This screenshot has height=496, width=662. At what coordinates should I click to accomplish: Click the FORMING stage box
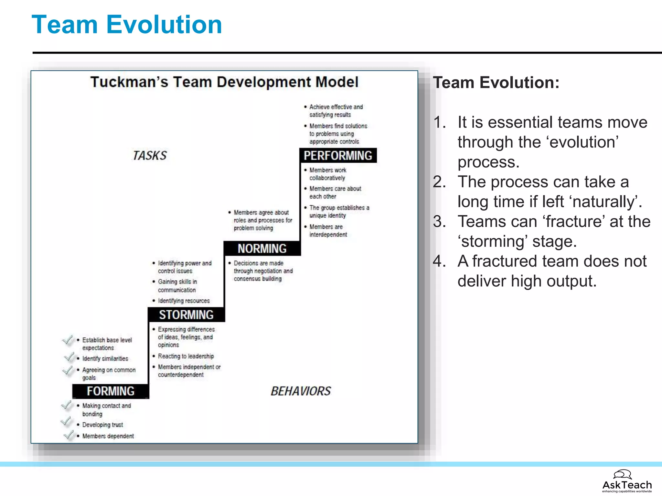(111, 391)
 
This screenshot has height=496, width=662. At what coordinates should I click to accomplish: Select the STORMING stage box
(186, 315)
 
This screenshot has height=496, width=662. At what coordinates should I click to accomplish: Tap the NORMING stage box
(262, 248)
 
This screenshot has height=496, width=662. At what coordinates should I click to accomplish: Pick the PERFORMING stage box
(338, 156)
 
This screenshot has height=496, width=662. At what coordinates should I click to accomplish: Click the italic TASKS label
(150, 156)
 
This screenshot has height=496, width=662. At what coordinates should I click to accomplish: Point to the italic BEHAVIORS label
(301, 391)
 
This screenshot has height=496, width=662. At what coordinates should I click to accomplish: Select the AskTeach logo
(626, 481)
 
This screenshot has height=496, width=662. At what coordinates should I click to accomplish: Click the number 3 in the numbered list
(439, 222)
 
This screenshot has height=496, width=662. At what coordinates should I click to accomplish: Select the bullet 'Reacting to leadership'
(186, 356)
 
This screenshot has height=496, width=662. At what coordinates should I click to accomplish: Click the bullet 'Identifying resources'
(184, 301)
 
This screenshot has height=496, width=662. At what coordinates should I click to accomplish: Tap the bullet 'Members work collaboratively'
(327, 174)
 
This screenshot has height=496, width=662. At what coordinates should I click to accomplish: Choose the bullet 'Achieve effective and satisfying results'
(336, 111)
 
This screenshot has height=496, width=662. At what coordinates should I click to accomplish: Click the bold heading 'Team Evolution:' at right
(496, 83)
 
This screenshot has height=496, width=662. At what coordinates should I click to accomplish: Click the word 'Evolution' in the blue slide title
(164, 25)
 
